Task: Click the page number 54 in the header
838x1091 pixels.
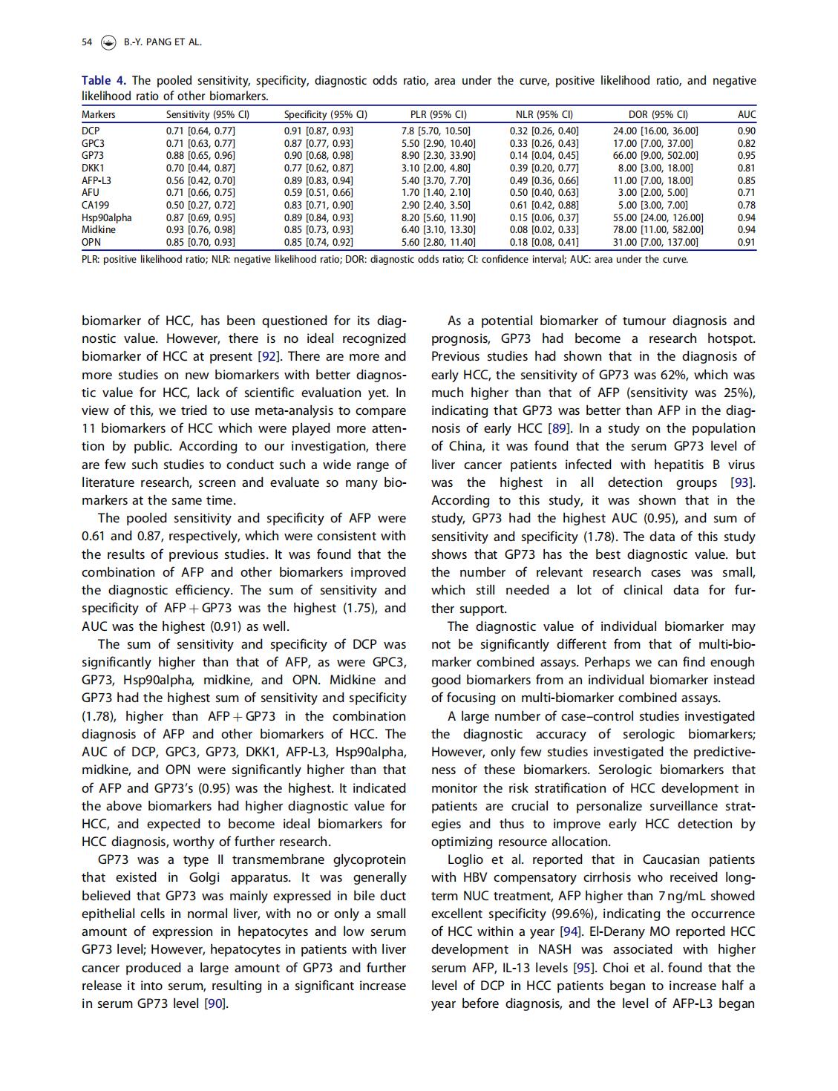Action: (x=87, y=42)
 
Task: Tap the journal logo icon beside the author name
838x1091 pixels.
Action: (x=108, y=42)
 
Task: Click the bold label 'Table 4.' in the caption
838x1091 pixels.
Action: (x=104, y=80)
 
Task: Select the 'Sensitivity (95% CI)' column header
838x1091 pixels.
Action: (x=207, y=114)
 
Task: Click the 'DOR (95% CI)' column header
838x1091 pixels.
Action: (x=658, y=114)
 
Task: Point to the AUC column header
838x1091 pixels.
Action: (x=747, y=114)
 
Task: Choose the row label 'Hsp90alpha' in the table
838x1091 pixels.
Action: (x=106, y=217)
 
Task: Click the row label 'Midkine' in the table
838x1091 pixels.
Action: (x=98, y=229)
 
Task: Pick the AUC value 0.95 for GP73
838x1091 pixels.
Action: (x=747, y=156)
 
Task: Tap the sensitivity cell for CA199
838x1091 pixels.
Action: (x=200, y=205)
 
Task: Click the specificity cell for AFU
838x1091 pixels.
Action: (x=318, y=192)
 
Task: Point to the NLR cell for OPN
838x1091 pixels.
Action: (x=544, y=242)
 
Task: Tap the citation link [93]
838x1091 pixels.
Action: (x=743, y=482)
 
